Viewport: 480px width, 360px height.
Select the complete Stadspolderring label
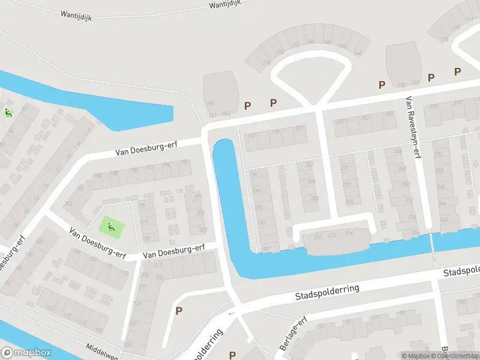click(327, 293)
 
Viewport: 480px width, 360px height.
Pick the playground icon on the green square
click(111, 227)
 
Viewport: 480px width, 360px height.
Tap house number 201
click(299, 128)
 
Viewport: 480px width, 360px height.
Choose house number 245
click(389, 114)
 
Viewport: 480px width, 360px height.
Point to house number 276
click(458, 103)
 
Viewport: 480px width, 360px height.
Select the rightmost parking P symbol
click(457, 72)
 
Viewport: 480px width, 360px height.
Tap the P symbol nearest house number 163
click(247, 106)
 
